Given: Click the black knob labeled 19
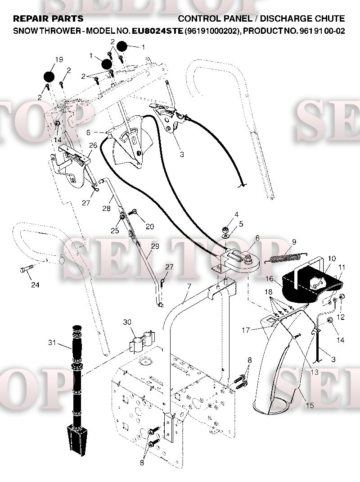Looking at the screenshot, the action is pyautogui.click(x=49, y=77).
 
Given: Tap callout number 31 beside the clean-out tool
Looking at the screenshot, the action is pyautogui.click(x=52, y=342).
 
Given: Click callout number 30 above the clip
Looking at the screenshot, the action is pyautogui.click(x=127, y=322).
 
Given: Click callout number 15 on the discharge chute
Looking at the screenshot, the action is pyautogui.click(x=310, y=405).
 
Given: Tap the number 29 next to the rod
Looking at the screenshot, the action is pyautogui.click(x=155, y=246).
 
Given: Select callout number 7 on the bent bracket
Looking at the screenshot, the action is pyautogui.click(x=189, y=287).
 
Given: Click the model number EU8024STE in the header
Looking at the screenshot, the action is pyautogui.click(x=157, y=31).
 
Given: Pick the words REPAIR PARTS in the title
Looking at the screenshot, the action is pyautogui.click(x=48, y=19).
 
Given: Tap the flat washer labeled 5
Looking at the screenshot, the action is pyautogui.click(x=226, y=236).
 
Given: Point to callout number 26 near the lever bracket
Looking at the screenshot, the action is pyautogui.click(x=93, y=145).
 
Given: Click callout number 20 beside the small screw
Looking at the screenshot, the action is pyautogui.click(x=150, y=227).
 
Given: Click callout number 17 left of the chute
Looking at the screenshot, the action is pyautogui.click(x=246, y=330).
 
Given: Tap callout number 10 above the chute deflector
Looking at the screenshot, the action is pyautogui.click(x=332, y=259).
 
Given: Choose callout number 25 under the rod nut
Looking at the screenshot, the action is pyautogui.click(x=115, y=230).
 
